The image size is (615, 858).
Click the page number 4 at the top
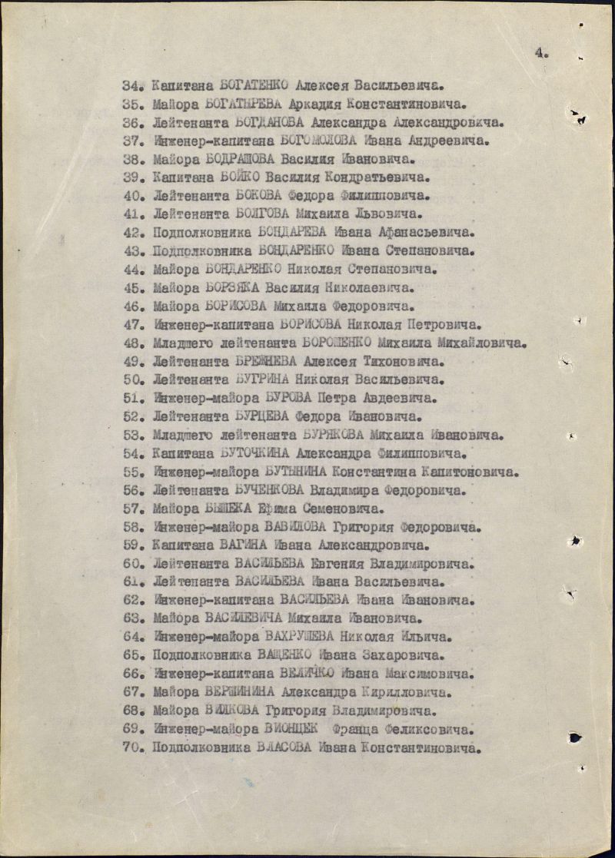pos(541,53)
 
